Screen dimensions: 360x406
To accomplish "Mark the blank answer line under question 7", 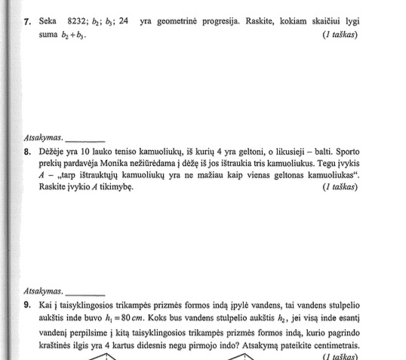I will [85, 140].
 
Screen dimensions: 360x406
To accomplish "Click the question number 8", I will [27, 151].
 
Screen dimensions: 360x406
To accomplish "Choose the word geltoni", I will [245, 151].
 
